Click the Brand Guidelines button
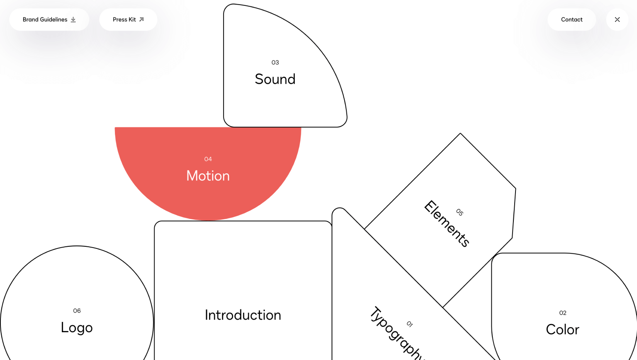pos(49,19)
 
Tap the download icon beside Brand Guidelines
pos(73,19)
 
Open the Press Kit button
pos(128,19)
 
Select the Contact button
pos(571,19)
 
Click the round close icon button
pos(617,19)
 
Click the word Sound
pos(275,79)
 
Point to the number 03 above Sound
pos(275,63)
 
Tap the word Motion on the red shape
pos(208,176)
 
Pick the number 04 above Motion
pos(208,159)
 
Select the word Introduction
pos(243,315)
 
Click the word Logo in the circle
pos(77,328)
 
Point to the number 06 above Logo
pos(77,311)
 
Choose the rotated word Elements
pos(446,224)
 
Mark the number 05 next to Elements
pos(460,212)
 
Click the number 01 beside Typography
pos(410,324)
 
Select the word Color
pos(562,330)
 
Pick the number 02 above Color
pos(562,313)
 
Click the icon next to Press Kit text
pos(141,19)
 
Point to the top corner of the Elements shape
pos(460,134)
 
